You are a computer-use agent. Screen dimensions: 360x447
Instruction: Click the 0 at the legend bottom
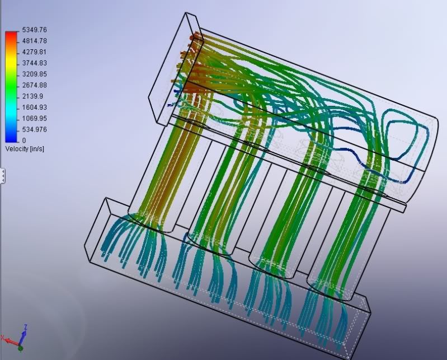pyautogui.click(x=24, y=141)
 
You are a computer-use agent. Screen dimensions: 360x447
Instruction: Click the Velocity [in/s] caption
pyautogui.click(x=25, y=149)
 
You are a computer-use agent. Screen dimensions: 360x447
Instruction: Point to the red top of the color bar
pyautogui.click(x=11, y=35)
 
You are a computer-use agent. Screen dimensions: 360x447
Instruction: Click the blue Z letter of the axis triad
pyautogui.click(x=26, y=328)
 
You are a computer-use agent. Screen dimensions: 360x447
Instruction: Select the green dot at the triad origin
pyautogui.click(x=21, y=348)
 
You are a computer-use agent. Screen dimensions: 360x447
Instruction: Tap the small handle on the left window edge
pyautogui.click(x=2, y=176)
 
